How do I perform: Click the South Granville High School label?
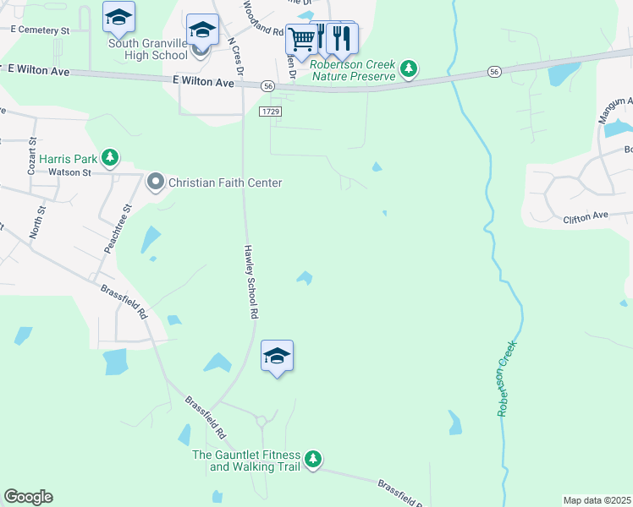click(x=147, y=49)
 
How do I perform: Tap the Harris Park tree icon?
click(x=109, y=157)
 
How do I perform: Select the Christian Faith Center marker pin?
click(x=156, y=182)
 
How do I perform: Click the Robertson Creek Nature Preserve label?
click(x=353, y=70)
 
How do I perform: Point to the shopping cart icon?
click(x=301, y=39)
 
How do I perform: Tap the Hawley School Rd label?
click(x=250, y=281)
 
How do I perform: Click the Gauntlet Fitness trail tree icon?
click(x=313, y=459)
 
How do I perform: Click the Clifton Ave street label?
click(x=586, y=218)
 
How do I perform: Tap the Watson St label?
click(x=69, y=172)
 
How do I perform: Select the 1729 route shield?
click(x=270, y=111)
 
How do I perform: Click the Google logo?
click(x=28, y=497)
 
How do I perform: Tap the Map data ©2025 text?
click(x=597, y=499)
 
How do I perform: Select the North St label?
click(x=36, y=219)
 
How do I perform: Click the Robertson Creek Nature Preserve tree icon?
click(x=409, y=68)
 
